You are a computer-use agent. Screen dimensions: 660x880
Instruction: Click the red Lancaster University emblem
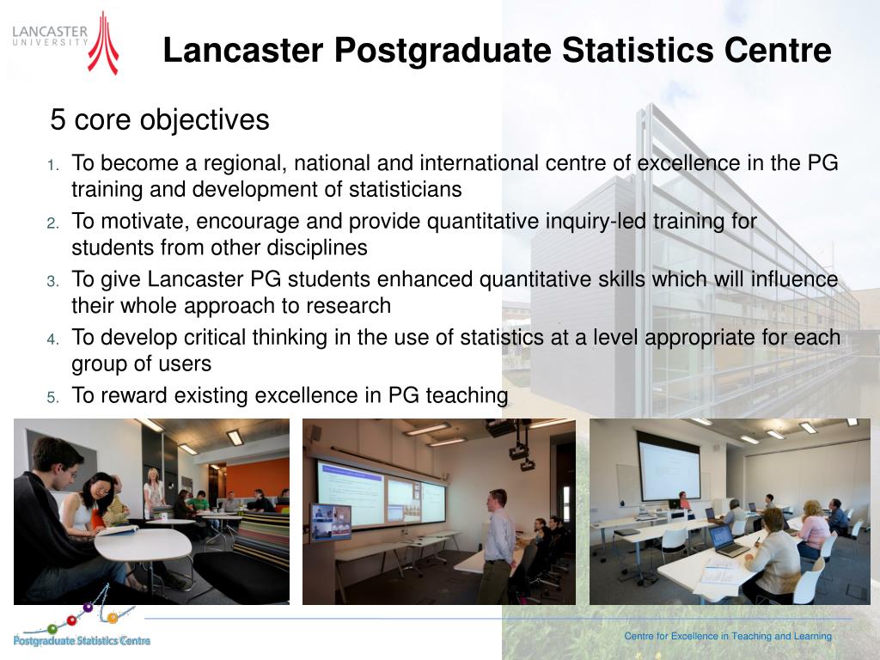pos(103,43)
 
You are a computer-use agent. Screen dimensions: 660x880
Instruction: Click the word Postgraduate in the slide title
pos(442,51)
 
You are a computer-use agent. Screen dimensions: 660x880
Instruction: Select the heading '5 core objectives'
pos(160,120)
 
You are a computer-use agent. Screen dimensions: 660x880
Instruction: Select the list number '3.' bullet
pos(52,281)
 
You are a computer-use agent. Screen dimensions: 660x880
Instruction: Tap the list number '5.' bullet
pos(52,397)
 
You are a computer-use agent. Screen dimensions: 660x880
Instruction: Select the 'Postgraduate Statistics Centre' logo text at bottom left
pos(82,640)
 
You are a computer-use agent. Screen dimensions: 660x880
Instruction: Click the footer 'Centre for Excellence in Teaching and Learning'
pos(727,636)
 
